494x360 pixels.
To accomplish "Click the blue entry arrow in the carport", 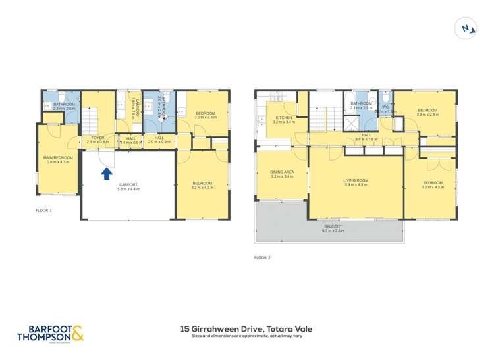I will (x=105, y=173).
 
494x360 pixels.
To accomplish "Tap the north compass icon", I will (x=466, y=29).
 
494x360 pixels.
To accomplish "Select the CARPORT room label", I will (x=128, y=184).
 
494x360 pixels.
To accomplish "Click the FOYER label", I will (x=96, y=138).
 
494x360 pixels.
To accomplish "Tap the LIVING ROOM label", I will (x=356, y=180).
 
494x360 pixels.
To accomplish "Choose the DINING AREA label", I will (x=282, y=172).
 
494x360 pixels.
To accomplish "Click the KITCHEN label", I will (x=284, y=118).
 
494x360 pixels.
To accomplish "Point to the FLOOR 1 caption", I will (x=43, y=210).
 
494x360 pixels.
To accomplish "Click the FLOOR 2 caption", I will (x=262, y=257).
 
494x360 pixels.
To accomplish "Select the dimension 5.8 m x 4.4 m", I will (x=128, y=190).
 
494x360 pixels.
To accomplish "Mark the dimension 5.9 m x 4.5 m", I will (x=356, y=185).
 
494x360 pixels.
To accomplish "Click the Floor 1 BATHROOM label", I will (x=63, y=104).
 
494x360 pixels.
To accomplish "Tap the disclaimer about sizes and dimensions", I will (x=246, y=336).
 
